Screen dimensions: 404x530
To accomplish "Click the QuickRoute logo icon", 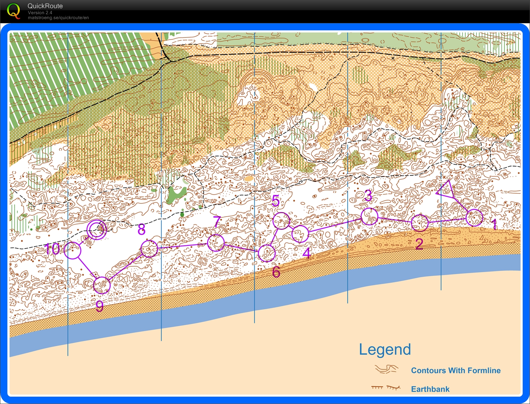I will [x=13, y=11].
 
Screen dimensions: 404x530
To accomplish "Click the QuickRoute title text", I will [x=45, y=6].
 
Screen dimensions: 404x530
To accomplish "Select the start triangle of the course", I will [x=446, y=190].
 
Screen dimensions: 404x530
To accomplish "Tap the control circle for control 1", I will [x=474, y=218].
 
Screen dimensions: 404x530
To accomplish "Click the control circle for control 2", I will [x=420, y=222].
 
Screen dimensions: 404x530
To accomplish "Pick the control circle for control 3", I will [x=369, y=216].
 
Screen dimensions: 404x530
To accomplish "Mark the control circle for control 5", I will [x=282, y=221].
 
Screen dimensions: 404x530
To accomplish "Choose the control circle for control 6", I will [x=267, y=253].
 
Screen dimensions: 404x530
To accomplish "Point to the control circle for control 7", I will [x=216, y=243].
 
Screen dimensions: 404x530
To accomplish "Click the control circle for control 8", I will [x=149, y=249].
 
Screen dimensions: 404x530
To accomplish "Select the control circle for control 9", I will [x=102, y=285].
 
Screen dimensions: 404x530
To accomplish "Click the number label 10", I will [x=52, y=249].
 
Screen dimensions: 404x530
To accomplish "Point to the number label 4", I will [x=307, y=253].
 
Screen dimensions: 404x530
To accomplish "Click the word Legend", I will [x=385, y=350].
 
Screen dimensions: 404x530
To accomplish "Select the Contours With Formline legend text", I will [x=456, y=370].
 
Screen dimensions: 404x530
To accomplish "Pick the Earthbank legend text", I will [x=430, y=389].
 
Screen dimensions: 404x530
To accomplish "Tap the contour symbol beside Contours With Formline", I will [x=386, y=370].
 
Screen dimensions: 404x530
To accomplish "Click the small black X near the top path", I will [x=393, y=58].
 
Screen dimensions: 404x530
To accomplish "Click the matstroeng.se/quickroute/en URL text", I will [x=58, y=18].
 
